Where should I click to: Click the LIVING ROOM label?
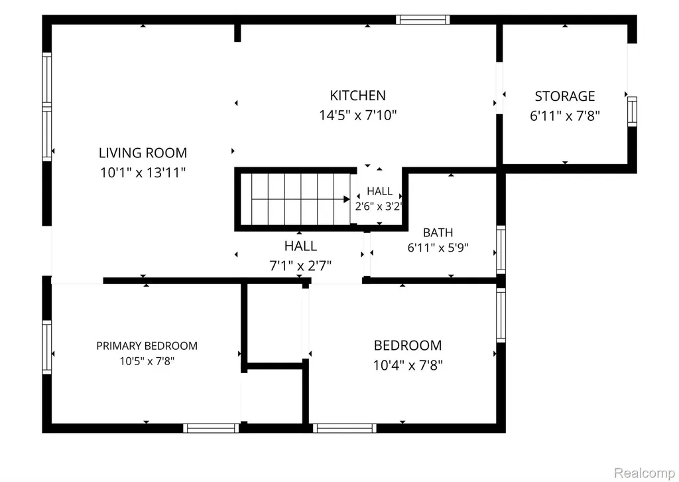point(143,153)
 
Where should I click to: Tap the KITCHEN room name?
point(357,96)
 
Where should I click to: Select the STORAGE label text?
point(565,96)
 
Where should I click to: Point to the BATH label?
point(438,233)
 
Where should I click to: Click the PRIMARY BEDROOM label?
point(147,346)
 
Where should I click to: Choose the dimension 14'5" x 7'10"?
point(357,116)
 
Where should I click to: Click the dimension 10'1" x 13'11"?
point(143,173)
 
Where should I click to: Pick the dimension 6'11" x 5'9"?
point(438,248)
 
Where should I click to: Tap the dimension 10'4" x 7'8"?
point(408,365)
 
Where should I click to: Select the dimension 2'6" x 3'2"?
point(379,206)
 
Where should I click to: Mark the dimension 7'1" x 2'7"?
point(300,266)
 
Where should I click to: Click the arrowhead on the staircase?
point(346,199)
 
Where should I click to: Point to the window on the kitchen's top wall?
point(422,19)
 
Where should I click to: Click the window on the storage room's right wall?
point(632,112)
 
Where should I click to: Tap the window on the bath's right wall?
point(501,250)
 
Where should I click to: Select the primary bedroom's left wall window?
point(47,347)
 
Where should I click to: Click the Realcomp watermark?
point(645,472)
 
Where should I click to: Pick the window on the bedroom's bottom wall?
point(345,428)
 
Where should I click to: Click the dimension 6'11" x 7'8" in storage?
point(565,116)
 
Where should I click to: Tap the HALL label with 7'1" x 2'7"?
point(300,246)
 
